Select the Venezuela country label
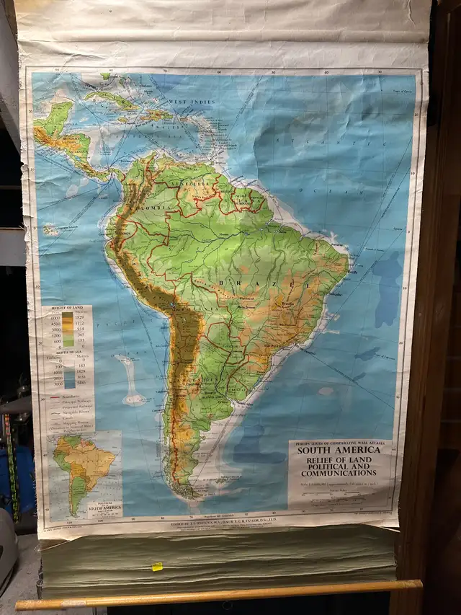tap(194, 185)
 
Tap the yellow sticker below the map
tap(157, 567)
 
